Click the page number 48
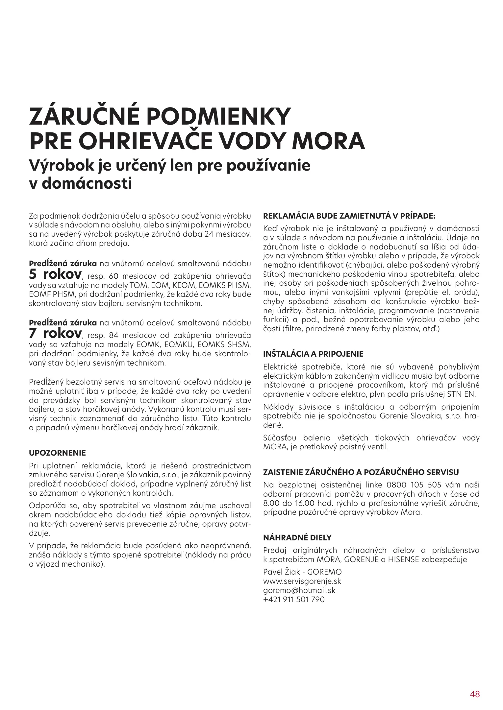pyautogui.click(x=475, y=685)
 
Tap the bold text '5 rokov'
pyautogui.click(x=55, y=274)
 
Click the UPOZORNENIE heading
pyautogui.click(x=58, y=453)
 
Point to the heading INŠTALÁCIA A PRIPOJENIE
pyautogui.click(x=314, y=354)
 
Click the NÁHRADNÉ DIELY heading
pyautogui.click(x=297, y=538)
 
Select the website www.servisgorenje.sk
pyautogui.click(x=302, y=581)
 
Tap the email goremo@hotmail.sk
pyautogui.click(x=299, y=590)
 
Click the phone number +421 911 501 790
pyautogui.click(x=294, y=599)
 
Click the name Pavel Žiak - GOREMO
pyautogui.click(x=302, y=572)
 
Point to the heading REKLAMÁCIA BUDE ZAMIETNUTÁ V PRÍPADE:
pyautogui.click(x=349, y=216)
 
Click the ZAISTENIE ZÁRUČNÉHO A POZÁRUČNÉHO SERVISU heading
pyautogui.click(x=361, y=472)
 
